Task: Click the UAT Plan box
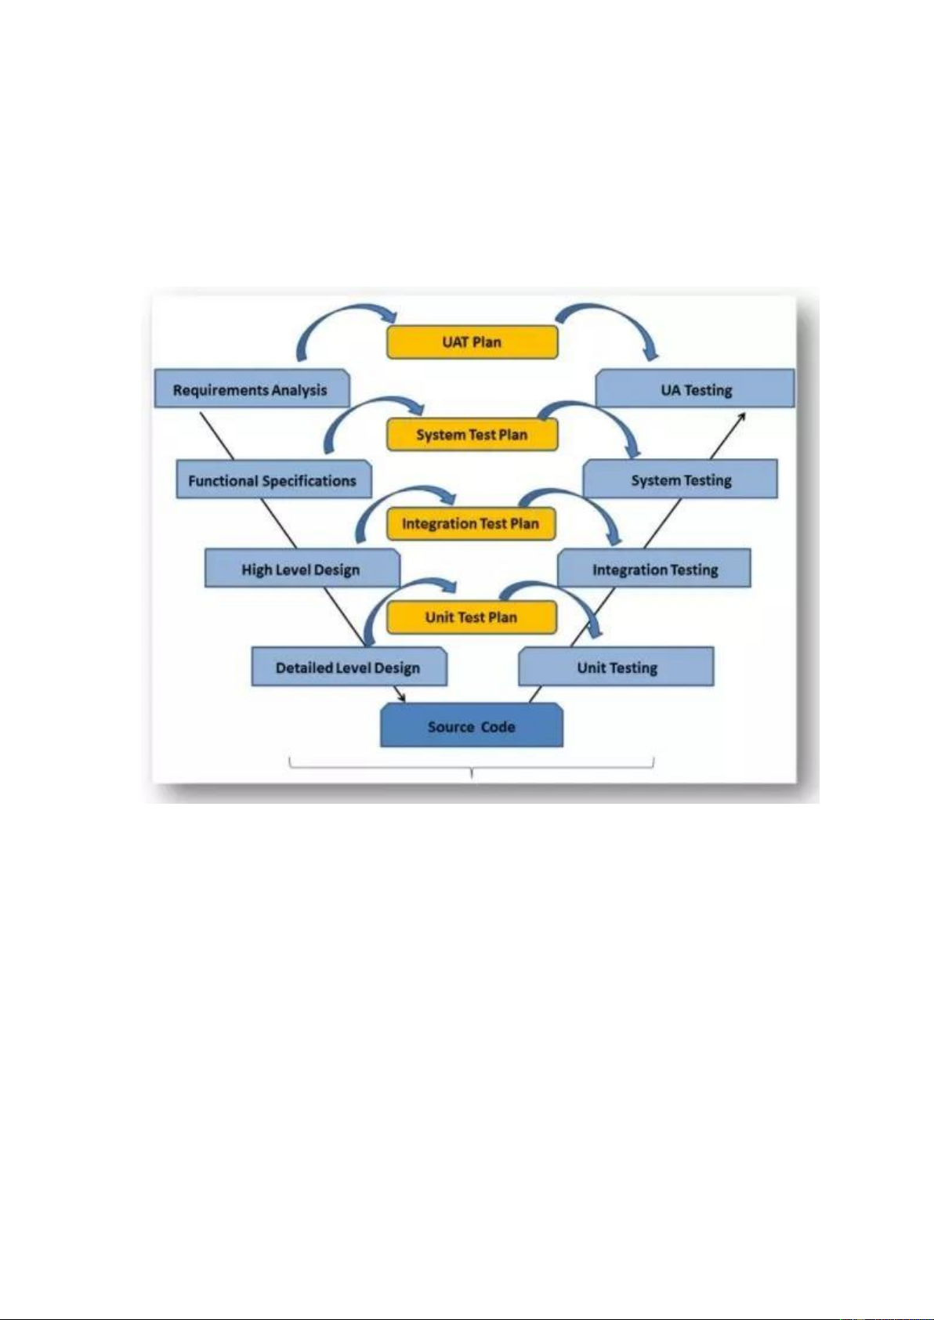tap(472, 342)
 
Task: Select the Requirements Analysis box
tap(251, 389)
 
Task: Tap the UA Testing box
tap(696, 389)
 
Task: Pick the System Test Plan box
tap(472, 435)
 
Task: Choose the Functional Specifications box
tap(273, 480)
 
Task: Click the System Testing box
tap(681, 479)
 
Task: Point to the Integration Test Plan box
tap(471, 523)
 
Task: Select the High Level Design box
tap(302, 570)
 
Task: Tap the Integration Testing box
tap(654, 570)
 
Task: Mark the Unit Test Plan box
tap(471, 617)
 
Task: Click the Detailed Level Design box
tap(349, 667)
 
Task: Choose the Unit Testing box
tap(617, 667)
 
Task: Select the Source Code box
tap(471, 726)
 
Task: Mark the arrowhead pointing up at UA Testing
tap(740, 418)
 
